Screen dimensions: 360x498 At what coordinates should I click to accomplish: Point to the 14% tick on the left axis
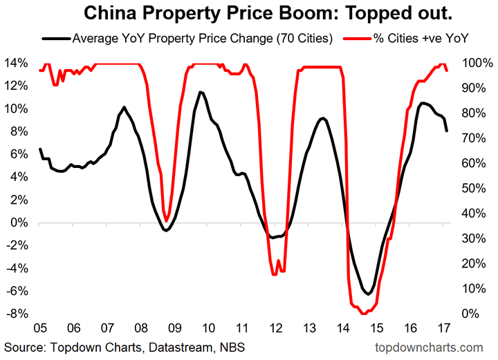tap(17, 64)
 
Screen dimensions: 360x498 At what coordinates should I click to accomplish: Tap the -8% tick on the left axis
tap(17, 314)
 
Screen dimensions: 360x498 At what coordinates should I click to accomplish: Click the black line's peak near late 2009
tap(201, 92)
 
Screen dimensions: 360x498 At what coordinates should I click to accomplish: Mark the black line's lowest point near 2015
tap(369, 294)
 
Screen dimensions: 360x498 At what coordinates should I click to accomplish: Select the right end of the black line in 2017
tap(447, 131)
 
